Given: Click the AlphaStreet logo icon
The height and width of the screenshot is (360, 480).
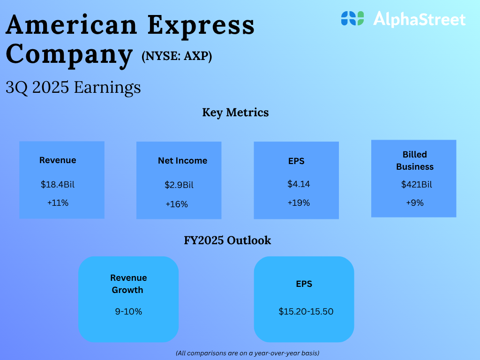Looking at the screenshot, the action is (352, 18).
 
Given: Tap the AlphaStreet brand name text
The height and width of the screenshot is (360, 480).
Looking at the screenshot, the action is (420, 19).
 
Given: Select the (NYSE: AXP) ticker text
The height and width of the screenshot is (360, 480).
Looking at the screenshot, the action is (177, 56).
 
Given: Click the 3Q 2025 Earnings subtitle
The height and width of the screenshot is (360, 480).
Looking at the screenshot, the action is (73, 87).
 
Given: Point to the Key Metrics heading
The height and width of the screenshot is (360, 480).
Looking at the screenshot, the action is (235, 112).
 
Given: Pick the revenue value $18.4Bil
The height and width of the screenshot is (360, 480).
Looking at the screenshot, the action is (58, 184).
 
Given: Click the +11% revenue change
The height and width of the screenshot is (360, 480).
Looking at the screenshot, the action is (58, 202).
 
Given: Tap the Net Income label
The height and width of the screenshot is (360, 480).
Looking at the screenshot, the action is (182, 160).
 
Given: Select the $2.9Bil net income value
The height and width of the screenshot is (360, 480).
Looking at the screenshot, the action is (179, 185).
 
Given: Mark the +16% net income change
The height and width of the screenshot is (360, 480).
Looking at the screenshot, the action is (177, 204).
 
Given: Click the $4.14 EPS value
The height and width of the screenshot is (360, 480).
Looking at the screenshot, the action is (299, 184).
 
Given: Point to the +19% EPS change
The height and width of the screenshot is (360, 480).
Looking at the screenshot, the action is (299, 202).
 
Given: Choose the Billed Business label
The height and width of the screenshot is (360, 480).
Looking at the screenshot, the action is (415, 160).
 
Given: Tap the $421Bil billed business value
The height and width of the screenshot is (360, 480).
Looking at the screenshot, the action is (416, 184).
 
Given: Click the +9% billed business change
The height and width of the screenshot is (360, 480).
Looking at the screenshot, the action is (415, 202).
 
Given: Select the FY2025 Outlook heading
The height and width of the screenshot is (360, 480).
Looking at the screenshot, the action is (227, 240).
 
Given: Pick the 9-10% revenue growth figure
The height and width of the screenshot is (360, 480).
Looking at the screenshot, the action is (128, 312).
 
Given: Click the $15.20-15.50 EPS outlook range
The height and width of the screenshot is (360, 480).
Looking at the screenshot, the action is (306, 312).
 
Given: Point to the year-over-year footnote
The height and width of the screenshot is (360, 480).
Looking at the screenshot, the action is (247, 353).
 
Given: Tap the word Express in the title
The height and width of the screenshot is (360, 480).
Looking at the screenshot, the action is (201, 26).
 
